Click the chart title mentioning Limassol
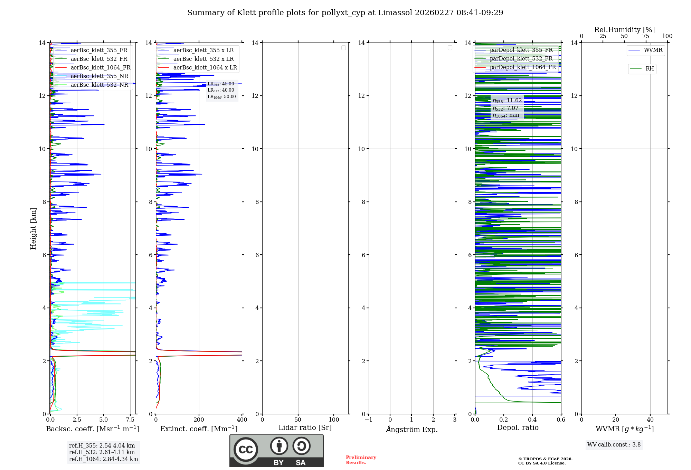click(x=345, y=13)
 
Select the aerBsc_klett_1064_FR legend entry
click(x=100, y=68)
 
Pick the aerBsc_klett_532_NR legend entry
click(x=99, y=85)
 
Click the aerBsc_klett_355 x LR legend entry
click(x=203, y=50)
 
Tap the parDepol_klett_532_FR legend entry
click(x=521, y=59)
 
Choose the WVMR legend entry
click(x=653, y=50)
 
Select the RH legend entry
click(x=650, y=69)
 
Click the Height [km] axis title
click(x=33, y=228)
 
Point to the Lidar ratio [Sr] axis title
click(x=305, y=428)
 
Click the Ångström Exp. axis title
click(x=411, y=430)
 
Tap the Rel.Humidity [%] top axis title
click(x=624, y=30)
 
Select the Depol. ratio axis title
click(x=518, y=428)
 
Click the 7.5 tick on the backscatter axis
click(x=130, y=420)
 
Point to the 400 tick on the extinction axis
click(x=242, y=420)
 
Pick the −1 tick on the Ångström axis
click(x=369, y=420)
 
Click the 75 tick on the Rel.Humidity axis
click(x=645, y=36)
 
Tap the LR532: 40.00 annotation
click(x=221, y=90)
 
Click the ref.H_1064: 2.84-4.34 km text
click(x=103, y=459)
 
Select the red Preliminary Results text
click(x=361, y=460)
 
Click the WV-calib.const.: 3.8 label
click(x=614, y=445)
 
